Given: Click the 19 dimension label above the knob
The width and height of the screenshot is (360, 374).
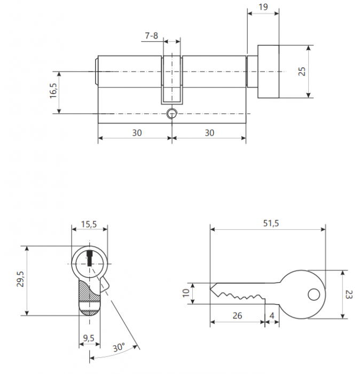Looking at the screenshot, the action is point(263,7).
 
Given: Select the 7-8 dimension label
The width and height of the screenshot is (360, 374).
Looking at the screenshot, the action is point(151,36).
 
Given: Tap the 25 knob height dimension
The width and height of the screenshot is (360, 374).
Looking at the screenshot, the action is point(302,71).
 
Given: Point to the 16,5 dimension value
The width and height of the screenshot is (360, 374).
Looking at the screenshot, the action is point(53,91).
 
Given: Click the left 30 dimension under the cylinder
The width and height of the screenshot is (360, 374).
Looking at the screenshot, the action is point(137,133).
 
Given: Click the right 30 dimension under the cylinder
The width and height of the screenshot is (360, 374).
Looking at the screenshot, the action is point(209,133).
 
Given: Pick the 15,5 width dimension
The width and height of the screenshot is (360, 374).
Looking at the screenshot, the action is point(89,224).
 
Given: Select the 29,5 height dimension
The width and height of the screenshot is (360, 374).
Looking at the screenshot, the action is point(20,279).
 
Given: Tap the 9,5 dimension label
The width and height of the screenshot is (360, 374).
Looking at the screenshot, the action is point(89,338).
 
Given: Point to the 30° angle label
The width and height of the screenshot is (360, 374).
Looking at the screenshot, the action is point(119,347).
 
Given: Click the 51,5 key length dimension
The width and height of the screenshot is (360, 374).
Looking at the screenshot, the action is point(271,223).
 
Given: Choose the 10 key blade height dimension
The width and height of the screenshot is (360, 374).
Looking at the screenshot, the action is point(186,293).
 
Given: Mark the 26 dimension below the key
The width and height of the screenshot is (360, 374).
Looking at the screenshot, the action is point(237,316).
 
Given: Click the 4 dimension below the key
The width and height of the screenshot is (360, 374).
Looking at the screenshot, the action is point(272,316).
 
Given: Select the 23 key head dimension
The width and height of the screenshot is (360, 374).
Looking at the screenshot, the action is point(349,294).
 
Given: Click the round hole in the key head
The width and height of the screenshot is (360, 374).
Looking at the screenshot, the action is point(314,294).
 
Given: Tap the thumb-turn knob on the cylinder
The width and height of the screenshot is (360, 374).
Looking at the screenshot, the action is point(268,72).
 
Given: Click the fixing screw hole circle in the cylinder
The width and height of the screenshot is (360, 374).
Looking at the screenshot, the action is point(171,113).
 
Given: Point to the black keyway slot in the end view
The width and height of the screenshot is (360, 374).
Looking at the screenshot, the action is point(90,258).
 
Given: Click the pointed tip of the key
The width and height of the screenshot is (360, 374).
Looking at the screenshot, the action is point(210,289).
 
